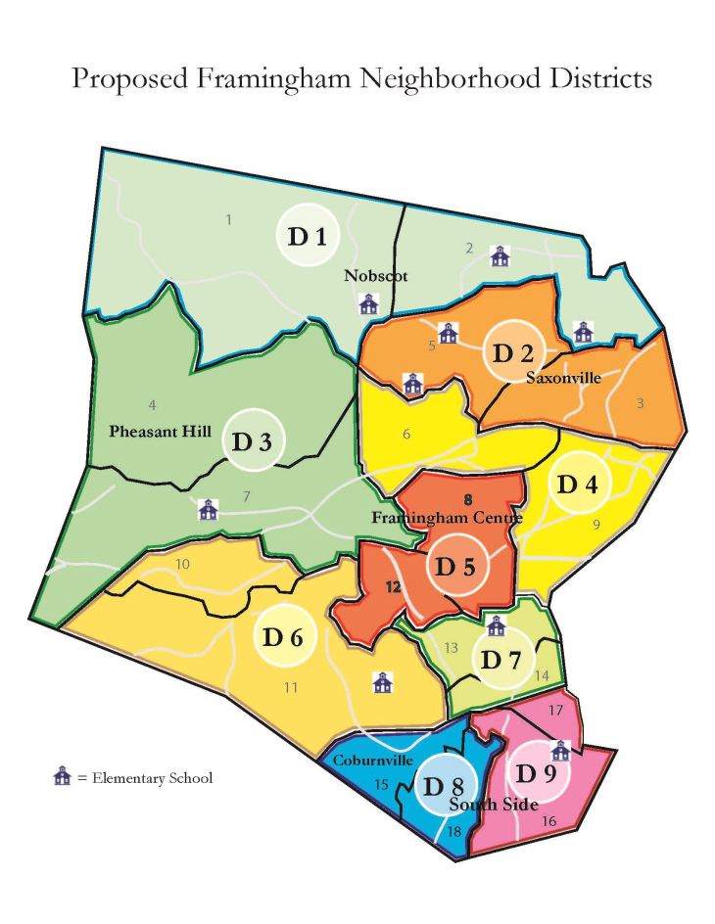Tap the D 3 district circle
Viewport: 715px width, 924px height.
[253, 439]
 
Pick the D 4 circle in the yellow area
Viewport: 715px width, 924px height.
[577, 485]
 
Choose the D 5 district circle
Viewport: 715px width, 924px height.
[455, 566]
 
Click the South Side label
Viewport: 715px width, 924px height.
[495, 805]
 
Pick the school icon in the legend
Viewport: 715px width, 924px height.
[63, 778]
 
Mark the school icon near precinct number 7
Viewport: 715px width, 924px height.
[208, 509]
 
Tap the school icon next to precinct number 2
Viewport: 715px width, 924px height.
[500, 256]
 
